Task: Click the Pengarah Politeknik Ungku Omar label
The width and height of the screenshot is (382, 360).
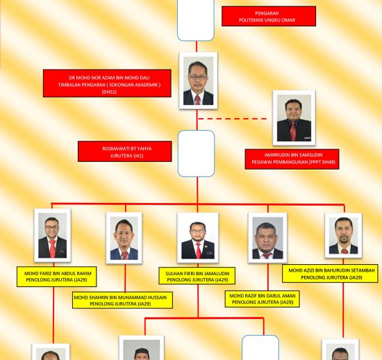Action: click(269, 16)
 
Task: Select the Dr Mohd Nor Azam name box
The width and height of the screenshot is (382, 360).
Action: click(107, 83)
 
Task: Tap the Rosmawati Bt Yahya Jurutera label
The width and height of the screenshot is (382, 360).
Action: click(125, 152)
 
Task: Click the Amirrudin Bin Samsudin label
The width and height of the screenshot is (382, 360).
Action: click(292, 159)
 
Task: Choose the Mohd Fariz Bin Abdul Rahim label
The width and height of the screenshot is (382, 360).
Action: click(56, 277)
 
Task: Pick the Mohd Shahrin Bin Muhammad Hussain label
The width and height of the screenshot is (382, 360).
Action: click(122, 300)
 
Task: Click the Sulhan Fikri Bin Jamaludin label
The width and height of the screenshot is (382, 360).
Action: click(197, 276)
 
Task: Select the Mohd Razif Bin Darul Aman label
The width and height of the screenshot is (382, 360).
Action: click(262, 299)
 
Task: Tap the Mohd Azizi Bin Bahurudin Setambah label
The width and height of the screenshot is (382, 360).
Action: click(330, 273)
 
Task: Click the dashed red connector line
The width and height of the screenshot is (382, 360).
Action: click(233, 119)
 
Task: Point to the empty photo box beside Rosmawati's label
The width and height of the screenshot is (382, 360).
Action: click(196, 154)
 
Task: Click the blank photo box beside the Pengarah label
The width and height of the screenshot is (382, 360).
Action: click(196, 20)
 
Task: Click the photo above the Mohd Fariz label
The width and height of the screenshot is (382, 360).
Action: click(52, 235)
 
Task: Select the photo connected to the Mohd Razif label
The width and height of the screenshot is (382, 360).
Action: click(267, 238)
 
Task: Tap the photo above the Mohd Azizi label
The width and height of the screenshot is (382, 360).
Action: click(343, 236)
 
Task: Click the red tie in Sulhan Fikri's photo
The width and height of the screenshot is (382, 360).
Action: click(199, 250)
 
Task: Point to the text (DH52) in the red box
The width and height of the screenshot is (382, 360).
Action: click(109, 92)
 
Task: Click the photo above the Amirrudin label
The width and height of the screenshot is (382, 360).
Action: click(294, 117)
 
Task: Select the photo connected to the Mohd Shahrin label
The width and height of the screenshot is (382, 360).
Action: click(124, 238)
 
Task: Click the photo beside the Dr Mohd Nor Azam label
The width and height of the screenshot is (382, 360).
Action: click(198, 81)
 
